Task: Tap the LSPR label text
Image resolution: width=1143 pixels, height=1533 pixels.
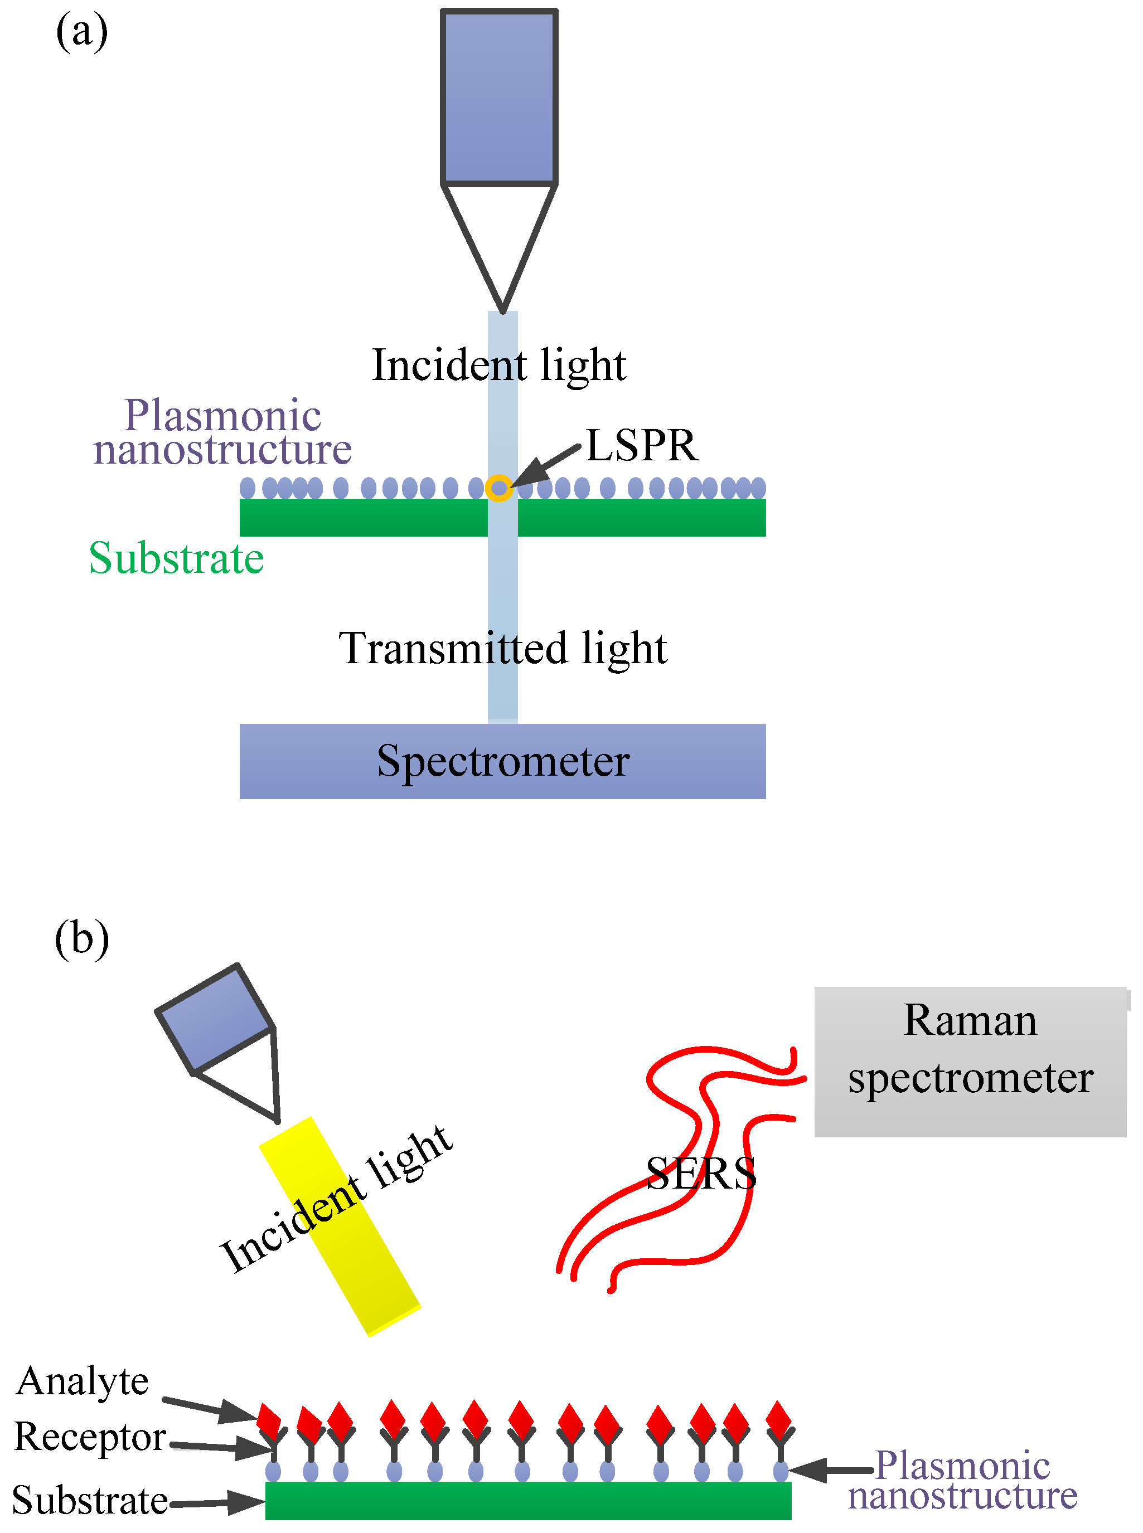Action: coord(641,445)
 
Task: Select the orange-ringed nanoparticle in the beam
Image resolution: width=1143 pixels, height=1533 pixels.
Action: coord(499,488)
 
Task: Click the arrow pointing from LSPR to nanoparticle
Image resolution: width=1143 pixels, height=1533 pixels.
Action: coord(546,465)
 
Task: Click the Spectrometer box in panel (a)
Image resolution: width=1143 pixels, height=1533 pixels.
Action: coord(502,761)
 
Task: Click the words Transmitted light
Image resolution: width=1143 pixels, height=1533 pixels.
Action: coord(502,648)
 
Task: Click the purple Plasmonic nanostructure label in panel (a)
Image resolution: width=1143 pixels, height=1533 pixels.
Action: coord(223,432)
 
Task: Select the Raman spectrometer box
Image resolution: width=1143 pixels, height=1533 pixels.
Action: coord(970,1062)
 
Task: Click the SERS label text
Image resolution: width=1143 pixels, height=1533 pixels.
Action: coord(700,1173)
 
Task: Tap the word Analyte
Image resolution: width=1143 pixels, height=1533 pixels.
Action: coord(83,1381)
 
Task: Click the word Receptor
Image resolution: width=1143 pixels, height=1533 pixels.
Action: coord(89,1437)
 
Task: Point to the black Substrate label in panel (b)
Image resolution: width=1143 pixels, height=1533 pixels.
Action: coord(89,1501)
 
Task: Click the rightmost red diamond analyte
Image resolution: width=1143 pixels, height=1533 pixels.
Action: coord(779,1419)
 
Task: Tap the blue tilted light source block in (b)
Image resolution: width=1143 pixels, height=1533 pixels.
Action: coord(215,1017)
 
